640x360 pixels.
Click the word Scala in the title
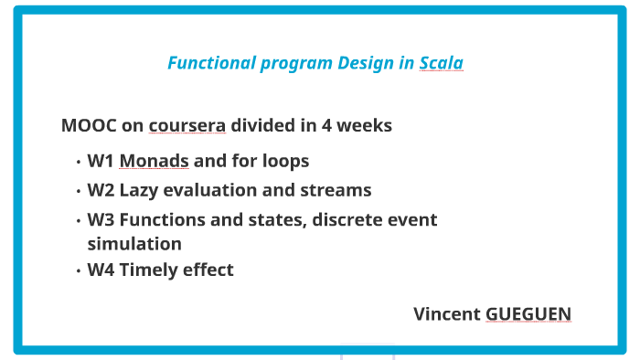[x=441, y=63]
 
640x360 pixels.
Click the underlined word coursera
[x=187, y=125]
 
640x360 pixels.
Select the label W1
[x=100, y=162]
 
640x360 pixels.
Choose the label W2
[x=101, y=190]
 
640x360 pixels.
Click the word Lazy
[x=140, y=191]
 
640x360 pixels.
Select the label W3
[x=101, y=220]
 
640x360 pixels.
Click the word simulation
[x=134, y=244]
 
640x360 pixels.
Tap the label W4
[x=101, y=270]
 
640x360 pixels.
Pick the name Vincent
[x=446, y=314]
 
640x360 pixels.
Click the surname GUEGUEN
[x=528, y=314]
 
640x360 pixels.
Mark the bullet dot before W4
[x=79, y=270]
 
